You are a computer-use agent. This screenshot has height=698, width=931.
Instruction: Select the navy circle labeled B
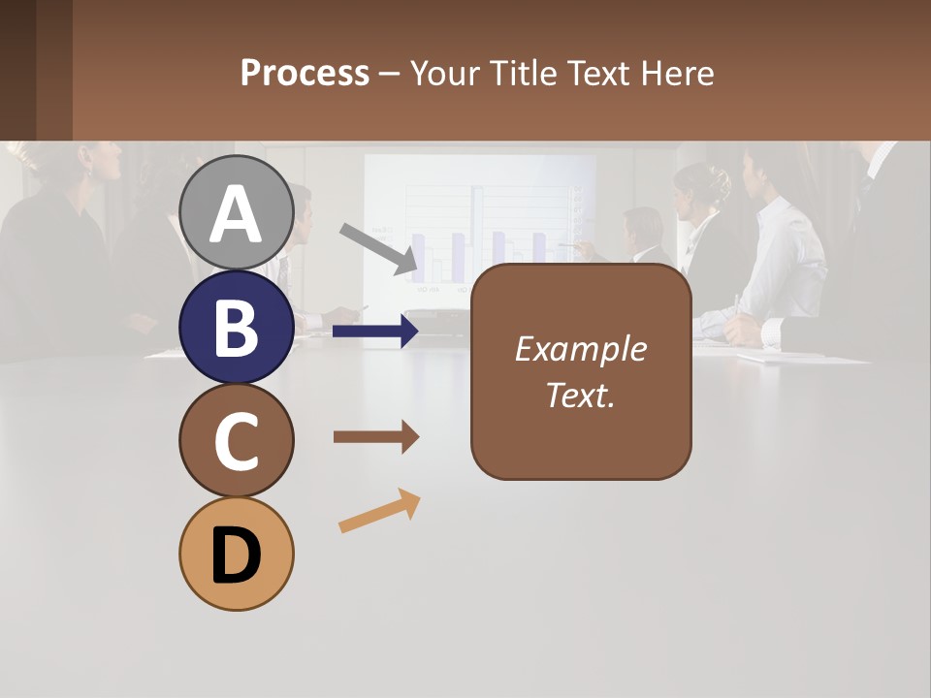coord(237,327)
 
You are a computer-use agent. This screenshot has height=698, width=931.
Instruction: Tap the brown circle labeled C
coord(237,441)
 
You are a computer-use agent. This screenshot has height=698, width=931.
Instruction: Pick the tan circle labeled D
coord(237,554)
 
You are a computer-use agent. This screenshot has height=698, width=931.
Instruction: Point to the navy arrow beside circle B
coord(376,332)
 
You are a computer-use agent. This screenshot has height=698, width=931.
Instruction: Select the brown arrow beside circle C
coord(376,438)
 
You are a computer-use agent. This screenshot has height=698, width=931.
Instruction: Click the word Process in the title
coord(305,73)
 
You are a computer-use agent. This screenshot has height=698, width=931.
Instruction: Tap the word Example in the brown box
coord(580,349)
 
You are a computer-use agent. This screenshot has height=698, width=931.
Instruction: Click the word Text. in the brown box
coord(580,396)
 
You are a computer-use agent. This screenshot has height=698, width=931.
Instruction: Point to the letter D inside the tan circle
coord(237,556)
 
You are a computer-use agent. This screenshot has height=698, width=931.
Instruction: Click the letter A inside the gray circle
coord(237,215)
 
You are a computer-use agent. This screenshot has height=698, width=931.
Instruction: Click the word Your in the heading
coord(445,73)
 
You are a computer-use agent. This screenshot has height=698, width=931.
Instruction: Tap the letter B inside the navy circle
coord(237,329)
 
